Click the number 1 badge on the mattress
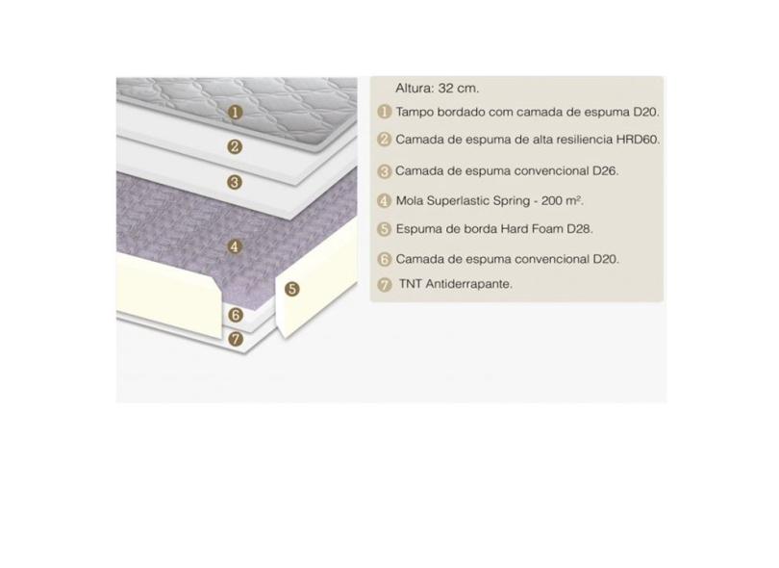click(x=236, y=113)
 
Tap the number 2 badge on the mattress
click(x=235, y=146)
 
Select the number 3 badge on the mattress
click(x=235, y=182)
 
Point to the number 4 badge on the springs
click(x=235, y=246)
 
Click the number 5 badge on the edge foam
click(x=292, y=289)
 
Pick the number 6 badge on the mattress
click(x=236, y=315)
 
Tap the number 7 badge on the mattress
click(x=236, y=339)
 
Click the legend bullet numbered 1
click(x=384, y=112)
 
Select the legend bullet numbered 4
click(x=384, y=201)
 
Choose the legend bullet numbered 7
click(x=384, y=285)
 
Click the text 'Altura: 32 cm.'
click(x=438, y=89)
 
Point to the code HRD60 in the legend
click(x=638, y=140)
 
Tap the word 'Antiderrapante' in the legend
click(x=468, y=284)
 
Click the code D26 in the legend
click(x=605, y=171)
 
